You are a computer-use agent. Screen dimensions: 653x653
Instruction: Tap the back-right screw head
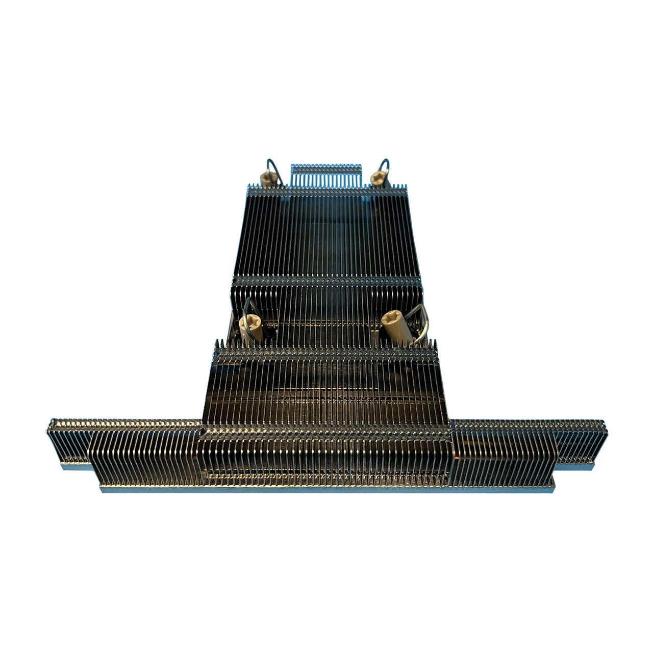(x=378, y=178)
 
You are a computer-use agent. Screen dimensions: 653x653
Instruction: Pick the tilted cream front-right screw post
(x=395, y=321)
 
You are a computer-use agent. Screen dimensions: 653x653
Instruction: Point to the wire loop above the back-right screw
(x=384, y=165)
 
